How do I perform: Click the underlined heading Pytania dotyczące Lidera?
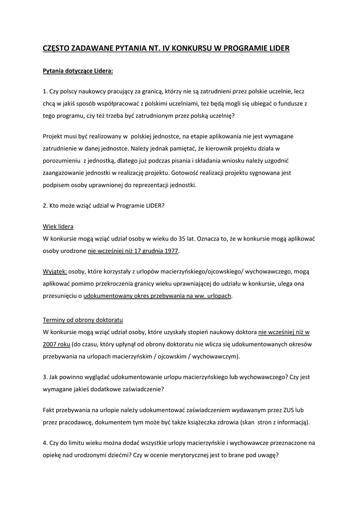(x=78, y=71)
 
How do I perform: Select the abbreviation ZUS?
(x=287, y=411)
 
